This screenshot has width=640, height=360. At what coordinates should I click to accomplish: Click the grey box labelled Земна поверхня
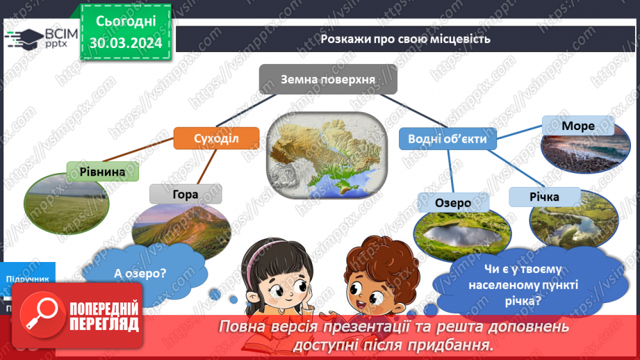click(x=328, y=79)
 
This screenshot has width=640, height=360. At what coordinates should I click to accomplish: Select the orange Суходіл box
click(x=216, y=138)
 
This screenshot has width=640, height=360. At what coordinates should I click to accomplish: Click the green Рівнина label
click(x=102, y=171)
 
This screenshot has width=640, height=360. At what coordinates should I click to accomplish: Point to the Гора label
click(x=186, y=194)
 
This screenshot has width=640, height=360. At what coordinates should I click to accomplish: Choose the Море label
click(x=578, y=126)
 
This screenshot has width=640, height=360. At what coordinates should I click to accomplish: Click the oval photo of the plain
click(x=67, y=202)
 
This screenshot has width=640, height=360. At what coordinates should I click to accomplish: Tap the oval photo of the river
click(x=572, y=224)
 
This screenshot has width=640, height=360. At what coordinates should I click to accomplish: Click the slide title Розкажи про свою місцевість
click(x=405, y=39)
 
